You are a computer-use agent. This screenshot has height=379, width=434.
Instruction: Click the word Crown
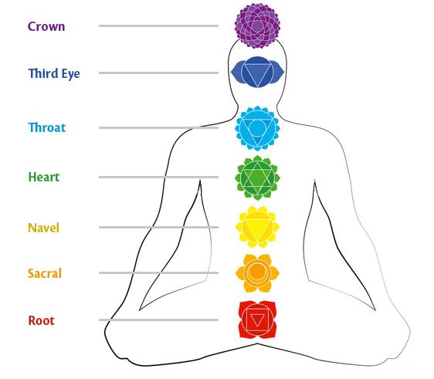pyautogui.click(x=46, y=26)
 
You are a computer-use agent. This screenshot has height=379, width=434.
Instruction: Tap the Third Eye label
pyautogui.click(x=54, y=73)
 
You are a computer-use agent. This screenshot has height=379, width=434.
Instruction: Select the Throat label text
pyautogui.click(x=47, y=127)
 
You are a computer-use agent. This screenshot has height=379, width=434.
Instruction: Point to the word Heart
pyautogui.click(x=44, y=177)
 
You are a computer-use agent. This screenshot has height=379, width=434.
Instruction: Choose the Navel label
pyautogui.click(x=44, y=228)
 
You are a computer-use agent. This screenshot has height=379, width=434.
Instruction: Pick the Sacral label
pyautogui.click(x=45, y=273)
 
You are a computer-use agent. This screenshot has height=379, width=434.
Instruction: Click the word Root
pyautogui.click(x=41, y=320)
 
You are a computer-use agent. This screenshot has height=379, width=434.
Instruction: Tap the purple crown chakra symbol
pyautogui.click(x=257, y=26)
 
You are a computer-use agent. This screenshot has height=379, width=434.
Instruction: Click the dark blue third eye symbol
pyautogui.click(x=257, y=73)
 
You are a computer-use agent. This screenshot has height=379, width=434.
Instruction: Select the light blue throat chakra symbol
pyautogui.click(x=257, y=128)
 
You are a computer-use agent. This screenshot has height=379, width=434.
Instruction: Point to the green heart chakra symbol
pyautogui.click(x=257, y=178)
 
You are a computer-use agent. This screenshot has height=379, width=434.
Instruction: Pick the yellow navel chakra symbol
pyautogui.click(x=257, y=227)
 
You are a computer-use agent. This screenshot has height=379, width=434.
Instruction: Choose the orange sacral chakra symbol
pyautogui.click(x=257, y=273)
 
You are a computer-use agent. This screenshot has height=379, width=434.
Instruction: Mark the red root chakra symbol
pyautogui.click(x=257, y=320)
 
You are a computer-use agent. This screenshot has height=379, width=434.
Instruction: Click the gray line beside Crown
pyautogui.click(x=158, y=26)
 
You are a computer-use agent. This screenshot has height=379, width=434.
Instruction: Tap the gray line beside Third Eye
pyautogui.click(x=158, y=73)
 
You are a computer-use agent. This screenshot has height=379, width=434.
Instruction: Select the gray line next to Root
pyautogui.click(x=158, y=320)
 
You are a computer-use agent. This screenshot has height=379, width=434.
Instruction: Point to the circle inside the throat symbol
pyautogui.click(x=257, y=127)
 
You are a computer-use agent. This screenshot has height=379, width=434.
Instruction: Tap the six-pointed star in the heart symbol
pyautogui.click(x=257, y=178)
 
